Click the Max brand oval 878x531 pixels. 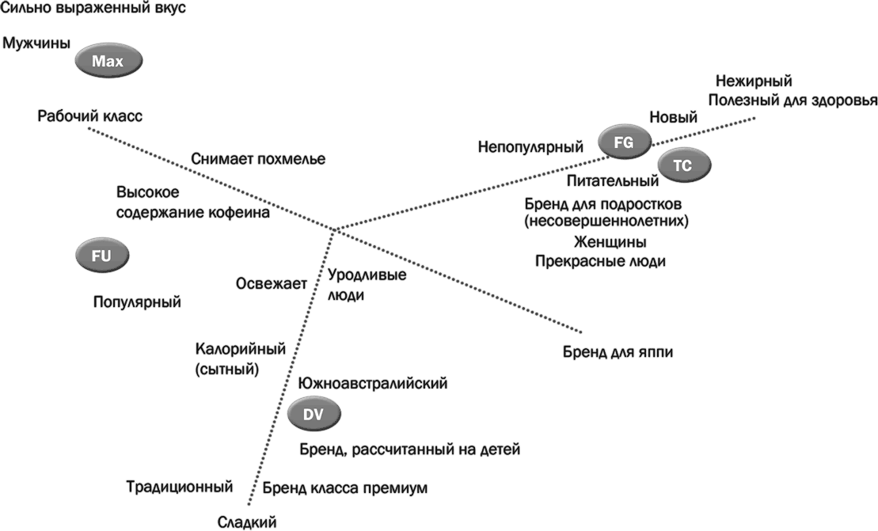point(108,61)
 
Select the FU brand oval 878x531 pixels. point(102,256)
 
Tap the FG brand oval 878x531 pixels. point(624,142)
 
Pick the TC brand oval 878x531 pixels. point(684,165)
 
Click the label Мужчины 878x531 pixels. point(36,44)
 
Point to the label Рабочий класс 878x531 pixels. point(89,116)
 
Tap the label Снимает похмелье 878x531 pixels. point(258,159)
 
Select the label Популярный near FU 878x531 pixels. point(137,302)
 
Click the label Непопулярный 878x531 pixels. point(530,146)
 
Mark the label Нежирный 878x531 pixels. point(753,81)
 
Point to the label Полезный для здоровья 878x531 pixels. point(792,101)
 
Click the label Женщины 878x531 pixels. point(610,242)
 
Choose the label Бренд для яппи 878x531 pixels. point(618,352)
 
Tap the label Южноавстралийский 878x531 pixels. point(373,383)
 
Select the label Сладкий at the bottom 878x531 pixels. point(247,522)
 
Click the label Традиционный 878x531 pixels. point(179,487)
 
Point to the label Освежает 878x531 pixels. point(271,283)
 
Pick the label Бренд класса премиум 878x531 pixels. point(344,488)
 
